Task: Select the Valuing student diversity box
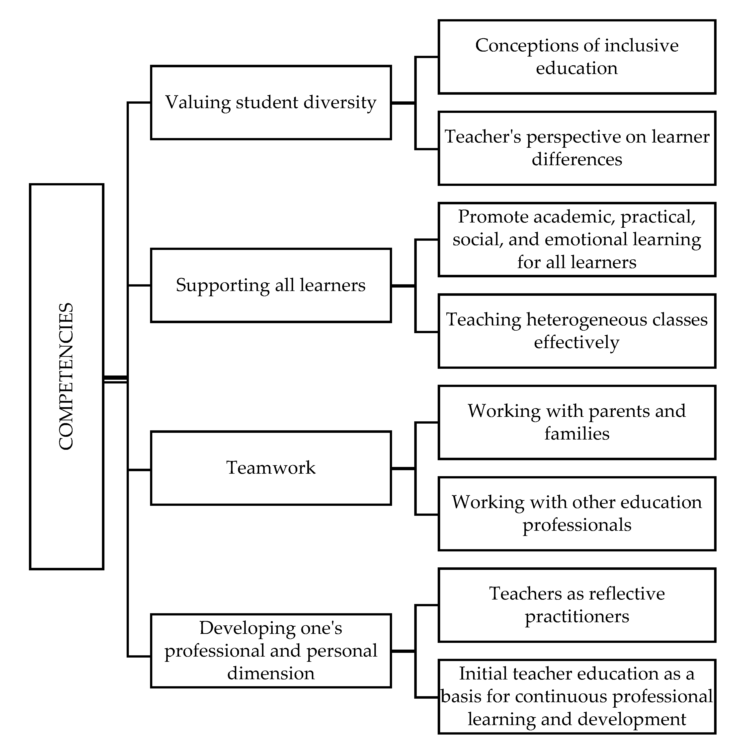tap(270, 102)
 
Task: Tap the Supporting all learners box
tap(270, 285)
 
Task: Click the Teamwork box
tap(270, 468)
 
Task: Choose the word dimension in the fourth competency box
tap(270, 673)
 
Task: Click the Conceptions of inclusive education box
tap(576, 57)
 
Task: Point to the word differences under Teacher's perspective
tap(576, 159)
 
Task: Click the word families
tap(576, 434)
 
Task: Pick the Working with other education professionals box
tap(576, 514)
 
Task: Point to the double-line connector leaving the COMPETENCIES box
tap(115, 379)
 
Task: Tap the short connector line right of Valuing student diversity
tap(403, 103)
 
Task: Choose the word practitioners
tap(576, 616)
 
